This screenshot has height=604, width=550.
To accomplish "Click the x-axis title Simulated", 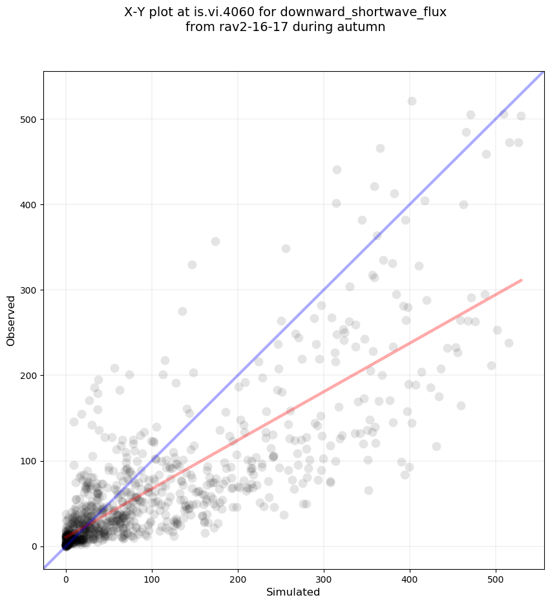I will [x=293, y=592].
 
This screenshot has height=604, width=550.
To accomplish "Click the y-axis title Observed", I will [x=11, y=320].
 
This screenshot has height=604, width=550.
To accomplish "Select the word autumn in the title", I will [x=365, y=27].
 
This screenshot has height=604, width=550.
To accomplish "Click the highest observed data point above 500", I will [x=412, y=102].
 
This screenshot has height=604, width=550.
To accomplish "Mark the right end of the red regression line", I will [x=521, y=280].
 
